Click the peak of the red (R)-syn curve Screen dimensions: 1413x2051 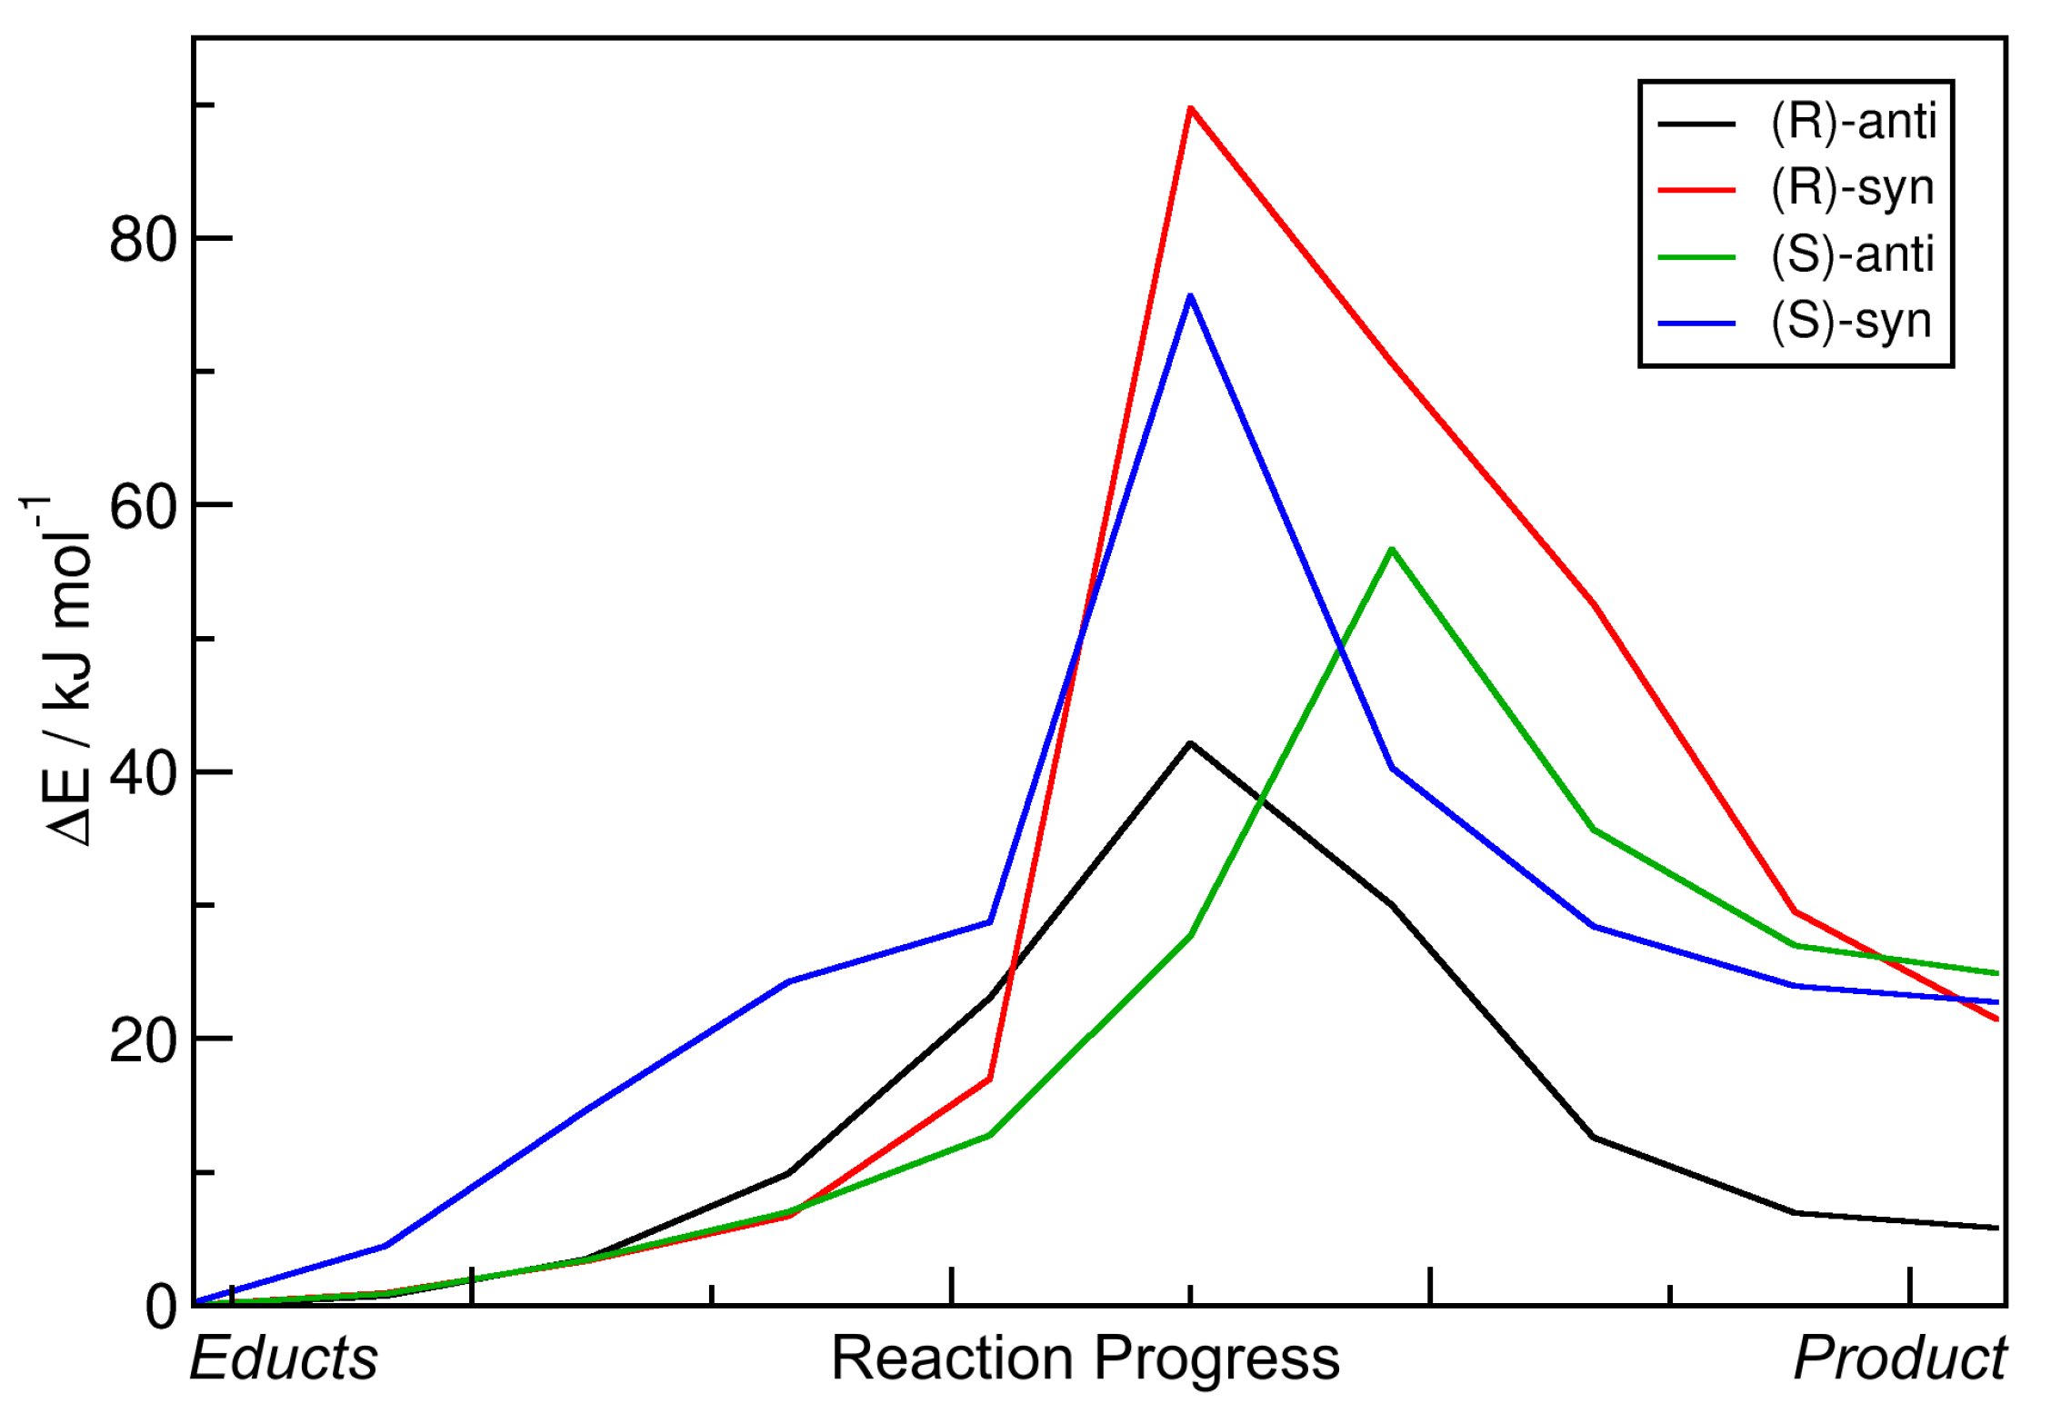tap(1190, 108)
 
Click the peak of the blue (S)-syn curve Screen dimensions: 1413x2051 tap(1190, 296)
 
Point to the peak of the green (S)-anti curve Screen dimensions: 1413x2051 tap(1392, 550)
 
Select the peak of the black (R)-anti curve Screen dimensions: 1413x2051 tap(1190, 743)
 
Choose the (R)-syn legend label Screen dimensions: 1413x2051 tap(1851, 188)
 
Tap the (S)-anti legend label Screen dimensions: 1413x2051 tap(1851, 254)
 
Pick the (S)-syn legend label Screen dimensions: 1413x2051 tap(1850, 322)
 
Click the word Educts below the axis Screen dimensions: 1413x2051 tap(284, 1359)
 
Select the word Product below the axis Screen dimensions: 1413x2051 tap(1900, 1359)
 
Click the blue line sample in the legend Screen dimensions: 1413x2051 tap(1696, 323)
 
